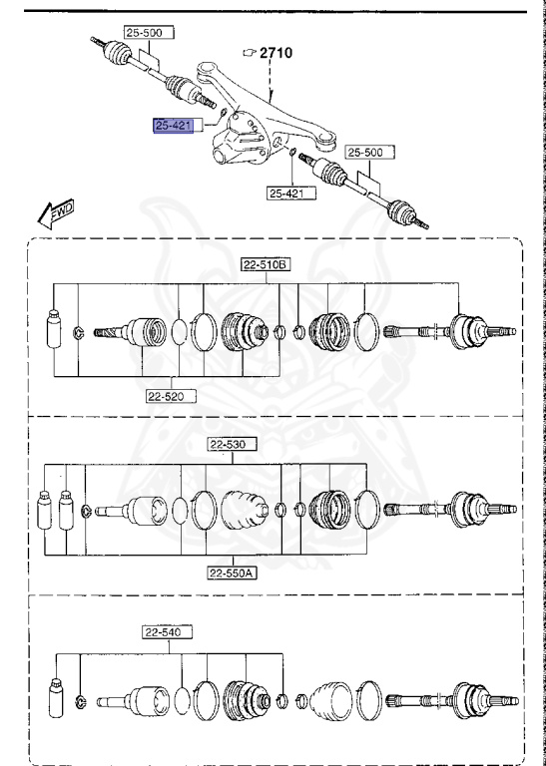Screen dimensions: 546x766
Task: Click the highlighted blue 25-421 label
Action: (174, 126)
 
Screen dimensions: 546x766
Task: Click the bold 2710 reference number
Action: (275, 52)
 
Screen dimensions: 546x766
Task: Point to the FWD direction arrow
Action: (56, 213)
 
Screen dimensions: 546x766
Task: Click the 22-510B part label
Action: (266, 264)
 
